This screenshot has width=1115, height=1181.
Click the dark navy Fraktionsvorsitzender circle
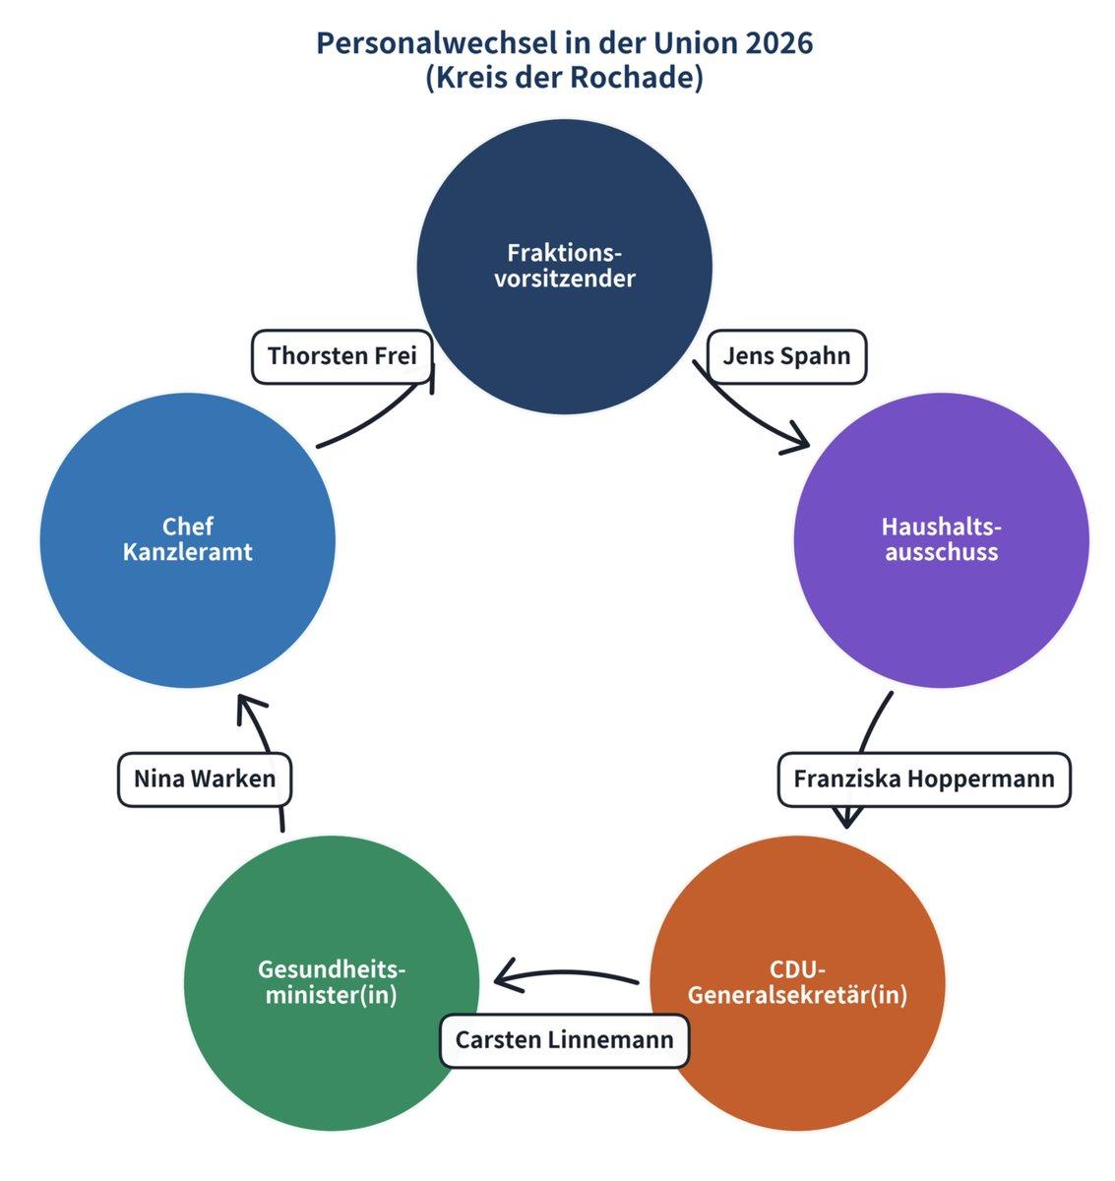coord(564,267)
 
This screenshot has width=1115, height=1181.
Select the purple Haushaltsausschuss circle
coord(942,540)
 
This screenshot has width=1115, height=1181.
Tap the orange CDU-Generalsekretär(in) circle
coord(797,983)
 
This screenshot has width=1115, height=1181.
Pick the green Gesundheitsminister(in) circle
coord(332,983)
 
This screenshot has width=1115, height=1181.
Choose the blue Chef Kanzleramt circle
coord(187,540)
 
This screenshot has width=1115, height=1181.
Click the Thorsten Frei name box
coord(341,356)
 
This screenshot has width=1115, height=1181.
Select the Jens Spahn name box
coord(786,356)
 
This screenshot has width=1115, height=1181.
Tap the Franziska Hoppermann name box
coord(924,779)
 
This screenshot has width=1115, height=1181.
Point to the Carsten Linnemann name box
coord(564,1039)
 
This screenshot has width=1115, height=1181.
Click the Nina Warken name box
coord(205,779)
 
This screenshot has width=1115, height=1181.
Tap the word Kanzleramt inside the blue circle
coord(187,553)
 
